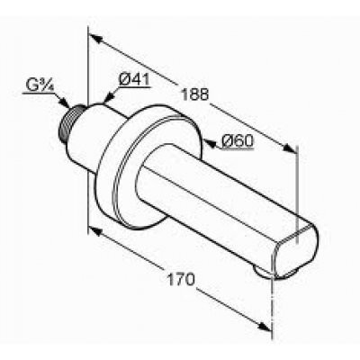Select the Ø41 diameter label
pyautogui.click(x=134, y=79)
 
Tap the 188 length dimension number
pyautogui.click(x=194, y=94)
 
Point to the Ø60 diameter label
pyautogui.click(x=238, y=141)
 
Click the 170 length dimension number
pyautogui.click(x=181, y=280)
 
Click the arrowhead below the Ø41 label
pyautogui.click(x=109, y=96)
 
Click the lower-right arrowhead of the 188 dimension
pyautogui.click(x=290, y=148)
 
